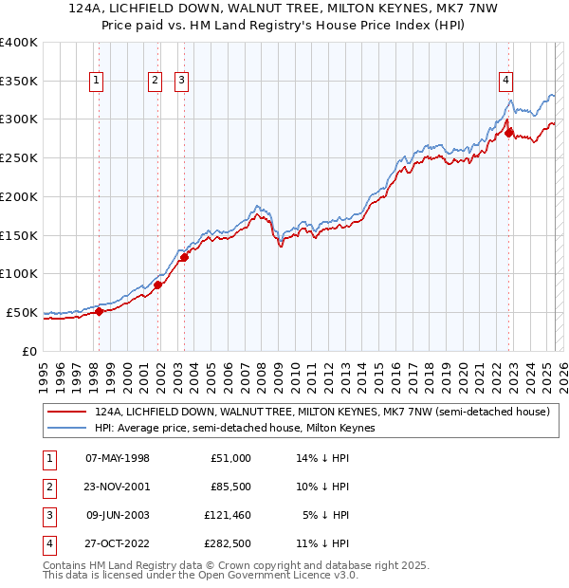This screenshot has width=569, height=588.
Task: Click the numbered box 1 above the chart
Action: [x=98, y=82]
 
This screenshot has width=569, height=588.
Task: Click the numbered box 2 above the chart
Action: [x=155, y=82]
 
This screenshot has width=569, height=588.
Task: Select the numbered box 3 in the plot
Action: [x=180, y=82]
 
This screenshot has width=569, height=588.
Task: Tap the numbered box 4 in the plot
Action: [x=506, y=82]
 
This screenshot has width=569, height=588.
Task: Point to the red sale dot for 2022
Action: [x=509, y=134]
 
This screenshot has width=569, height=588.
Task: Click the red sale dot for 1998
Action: [x=99, y=311]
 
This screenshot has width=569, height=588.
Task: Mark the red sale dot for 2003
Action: [x=184, y=257]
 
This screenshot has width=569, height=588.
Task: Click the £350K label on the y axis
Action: [x=19, y=82]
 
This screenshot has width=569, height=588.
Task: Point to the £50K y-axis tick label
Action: [x=23, y=312]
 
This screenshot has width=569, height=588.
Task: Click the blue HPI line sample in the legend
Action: [x=66, y=428]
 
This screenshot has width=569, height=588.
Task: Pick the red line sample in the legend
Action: [x=66, y=413]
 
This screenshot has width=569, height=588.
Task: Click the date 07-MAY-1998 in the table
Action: [x=117, y=458]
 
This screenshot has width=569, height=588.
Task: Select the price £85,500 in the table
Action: [x=230, y=487]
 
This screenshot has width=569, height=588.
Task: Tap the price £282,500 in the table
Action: [x=227, y=543]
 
